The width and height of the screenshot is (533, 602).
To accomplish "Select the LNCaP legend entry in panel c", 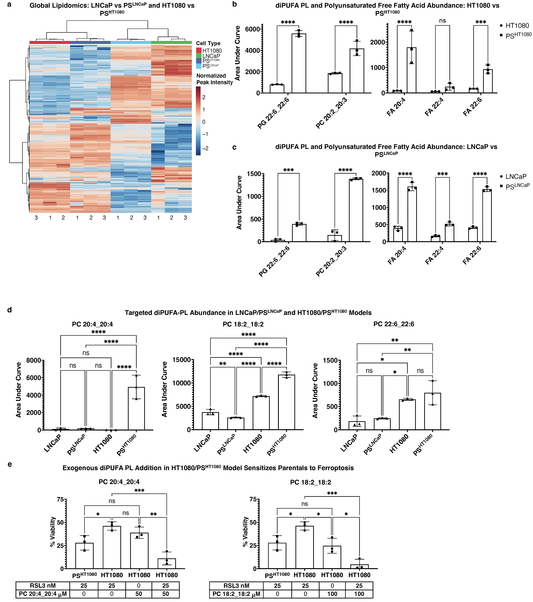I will (516, 176).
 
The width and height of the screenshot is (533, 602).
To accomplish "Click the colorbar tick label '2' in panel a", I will (204, 97).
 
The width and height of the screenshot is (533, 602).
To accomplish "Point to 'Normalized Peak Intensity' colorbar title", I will (215, 79).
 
